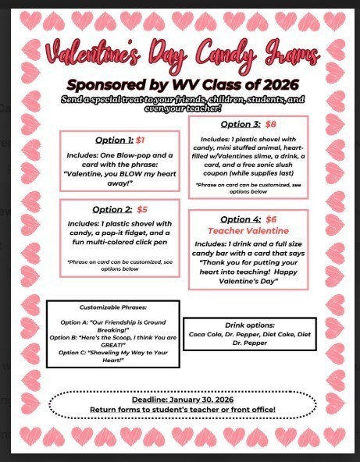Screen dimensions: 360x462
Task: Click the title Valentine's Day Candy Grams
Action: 182,55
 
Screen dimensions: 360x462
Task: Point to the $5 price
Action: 142,209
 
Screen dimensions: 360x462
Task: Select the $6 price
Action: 271,219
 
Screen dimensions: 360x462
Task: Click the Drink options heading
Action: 250,323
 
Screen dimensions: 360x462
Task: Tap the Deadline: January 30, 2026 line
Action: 182,399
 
